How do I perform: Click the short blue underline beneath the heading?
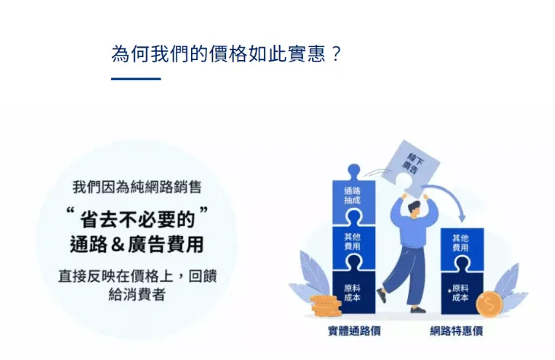136,78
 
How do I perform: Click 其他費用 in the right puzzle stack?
461,243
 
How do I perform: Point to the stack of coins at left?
325,307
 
